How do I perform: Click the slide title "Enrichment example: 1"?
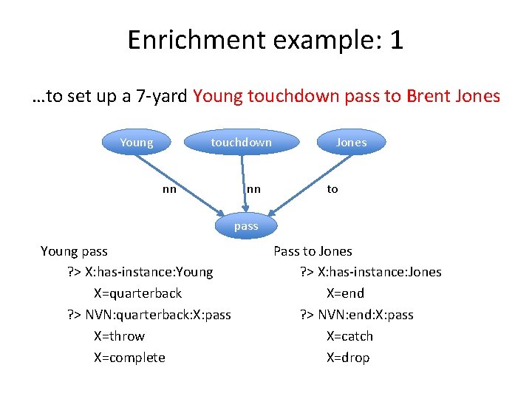[265, 39]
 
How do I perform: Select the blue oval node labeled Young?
[136, 143]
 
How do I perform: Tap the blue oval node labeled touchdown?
[241, 143]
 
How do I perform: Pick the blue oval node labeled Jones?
[351, 143]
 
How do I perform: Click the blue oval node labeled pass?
[246, 226]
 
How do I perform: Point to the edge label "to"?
[332, 189]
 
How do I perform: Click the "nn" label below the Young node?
[169, 189]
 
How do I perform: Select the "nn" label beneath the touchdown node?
[253, 189]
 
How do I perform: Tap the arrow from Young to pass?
[188, 185]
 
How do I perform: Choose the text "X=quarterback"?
[137, 293]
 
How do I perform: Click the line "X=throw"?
[119, 336]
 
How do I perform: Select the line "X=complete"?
[129, 358]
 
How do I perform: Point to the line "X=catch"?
[349, 336]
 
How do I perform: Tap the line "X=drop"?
[347, 358]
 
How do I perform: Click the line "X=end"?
[345, 293]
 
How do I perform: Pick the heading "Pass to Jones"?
[313, 251]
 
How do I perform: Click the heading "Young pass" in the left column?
[74, 251]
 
